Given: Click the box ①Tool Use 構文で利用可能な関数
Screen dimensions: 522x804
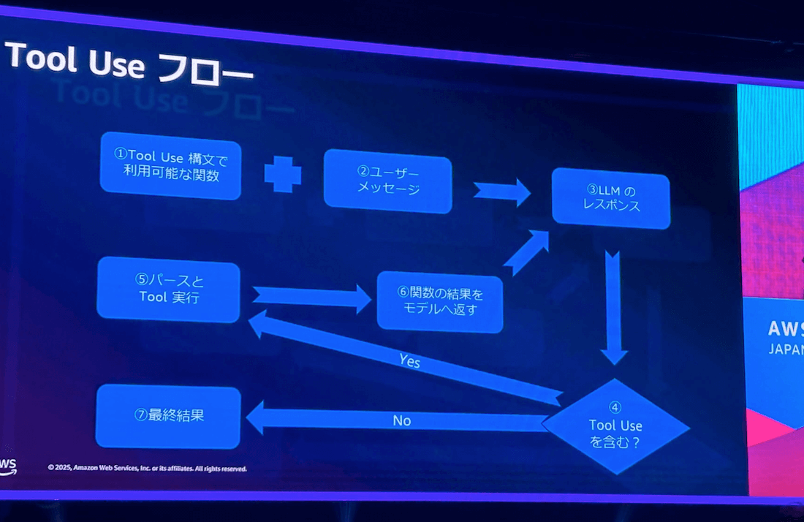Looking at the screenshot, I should tap(170, 166).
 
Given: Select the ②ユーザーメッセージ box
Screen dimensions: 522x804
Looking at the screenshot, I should tap(387, 181).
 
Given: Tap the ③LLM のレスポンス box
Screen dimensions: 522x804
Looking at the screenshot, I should tap(611, 197).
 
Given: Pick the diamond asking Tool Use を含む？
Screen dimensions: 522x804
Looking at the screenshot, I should tap(615, 425).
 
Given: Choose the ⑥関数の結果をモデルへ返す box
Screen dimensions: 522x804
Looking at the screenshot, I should tap(440, 301).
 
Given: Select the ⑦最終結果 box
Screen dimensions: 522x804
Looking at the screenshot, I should tap(168, 417).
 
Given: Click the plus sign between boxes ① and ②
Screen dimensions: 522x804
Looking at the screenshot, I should tap(283, 174).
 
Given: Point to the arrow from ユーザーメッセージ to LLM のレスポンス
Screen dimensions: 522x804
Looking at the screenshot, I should tap(502, 192).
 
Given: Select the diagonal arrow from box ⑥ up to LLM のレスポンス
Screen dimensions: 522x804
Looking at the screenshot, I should tap(526, 252).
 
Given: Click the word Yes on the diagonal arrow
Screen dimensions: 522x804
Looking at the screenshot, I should tap(409, 360).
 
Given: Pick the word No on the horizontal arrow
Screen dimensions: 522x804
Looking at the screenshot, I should tap(402, 420).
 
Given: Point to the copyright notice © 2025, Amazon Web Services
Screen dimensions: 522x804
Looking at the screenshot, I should tap(147, 468).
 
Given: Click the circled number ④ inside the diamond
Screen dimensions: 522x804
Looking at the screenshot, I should tap(615, 407).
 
